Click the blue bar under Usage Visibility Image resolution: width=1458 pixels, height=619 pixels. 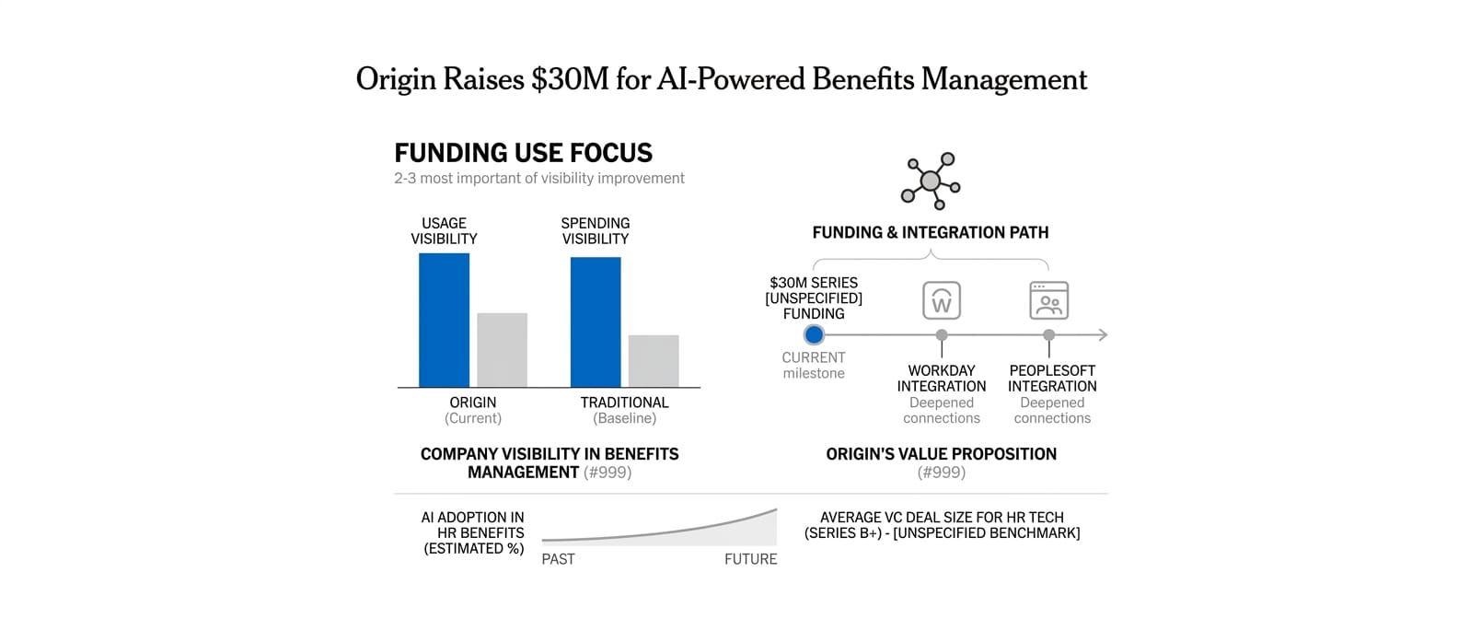[444, 320]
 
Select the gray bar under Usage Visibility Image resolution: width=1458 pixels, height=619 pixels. [502, 350]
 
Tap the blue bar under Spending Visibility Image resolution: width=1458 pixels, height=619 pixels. [596, 321]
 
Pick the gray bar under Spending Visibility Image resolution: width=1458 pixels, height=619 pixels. [654, 361]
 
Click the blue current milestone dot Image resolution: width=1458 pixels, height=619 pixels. [814, 335]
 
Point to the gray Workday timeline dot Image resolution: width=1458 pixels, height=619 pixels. [942, 335]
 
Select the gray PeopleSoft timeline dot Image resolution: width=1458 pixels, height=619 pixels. [1049, 335]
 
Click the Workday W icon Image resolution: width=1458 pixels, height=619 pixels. [942, 300]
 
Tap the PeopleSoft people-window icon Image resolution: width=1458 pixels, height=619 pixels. [1049, 300]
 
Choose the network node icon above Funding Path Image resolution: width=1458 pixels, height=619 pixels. [931, 181]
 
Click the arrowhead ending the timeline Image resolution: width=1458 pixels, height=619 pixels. [1102, 335]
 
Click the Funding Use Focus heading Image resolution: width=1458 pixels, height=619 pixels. [523, 153]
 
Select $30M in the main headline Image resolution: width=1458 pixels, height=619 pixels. [570, 79]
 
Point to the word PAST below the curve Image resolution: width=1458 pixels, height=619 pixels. [558, 559]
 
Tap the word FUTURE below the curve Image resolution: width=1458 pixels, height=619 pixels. [750, 559]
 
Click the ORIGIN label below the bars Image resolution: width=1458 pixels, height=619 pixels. [473, 403]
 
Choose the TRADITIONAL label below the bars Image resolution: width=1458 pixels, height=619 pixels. [624, 403]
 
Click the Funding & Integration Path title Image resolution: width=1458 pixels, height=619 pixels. [931, 233]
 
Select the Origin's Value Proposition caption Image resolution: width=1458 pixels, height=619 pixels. [941, 454]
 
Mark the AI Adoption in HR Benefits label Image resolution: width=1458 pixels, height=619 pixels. [473, 532]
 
